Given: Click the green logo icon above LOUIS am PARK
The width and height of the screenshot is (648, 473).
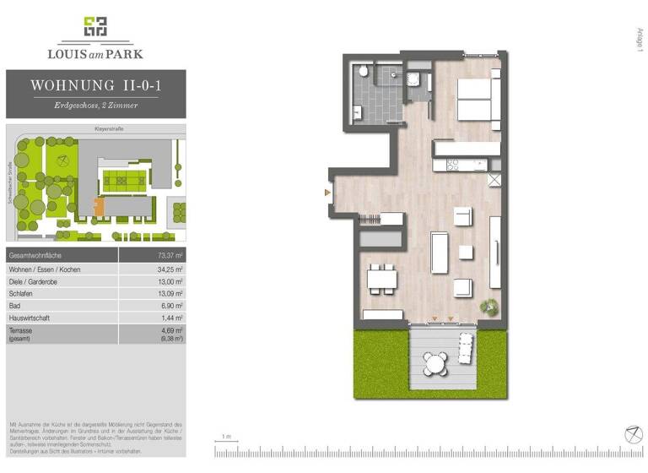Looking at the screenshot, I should tap(95, 27).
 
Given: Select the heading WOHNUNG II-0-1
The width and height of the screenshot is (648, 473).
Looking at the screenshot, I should tap(95, 84).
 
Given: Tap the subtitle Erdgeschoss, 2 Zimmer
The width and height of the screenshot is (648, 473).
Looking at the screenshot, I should tap(95, 105).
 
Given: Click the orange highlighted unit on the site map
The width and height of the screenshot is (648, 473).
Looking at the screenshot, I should tap(99, 205).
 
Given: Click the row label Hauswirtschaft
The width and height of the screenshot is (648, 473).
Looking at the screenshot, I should tap(30, 318).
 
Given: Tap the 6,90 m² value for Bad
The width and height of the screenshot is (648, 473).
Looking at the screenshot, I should tap(174, 305).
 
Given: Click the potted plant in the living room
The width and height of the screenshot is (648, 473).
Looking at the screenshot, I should tap(487, 305).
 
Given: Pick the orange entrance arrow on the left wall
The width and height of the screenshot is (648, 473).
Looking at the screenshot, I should tap(327, 193).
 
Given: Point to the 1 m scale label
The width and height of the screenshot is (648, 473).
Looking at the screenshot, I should tap(225, 437).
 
